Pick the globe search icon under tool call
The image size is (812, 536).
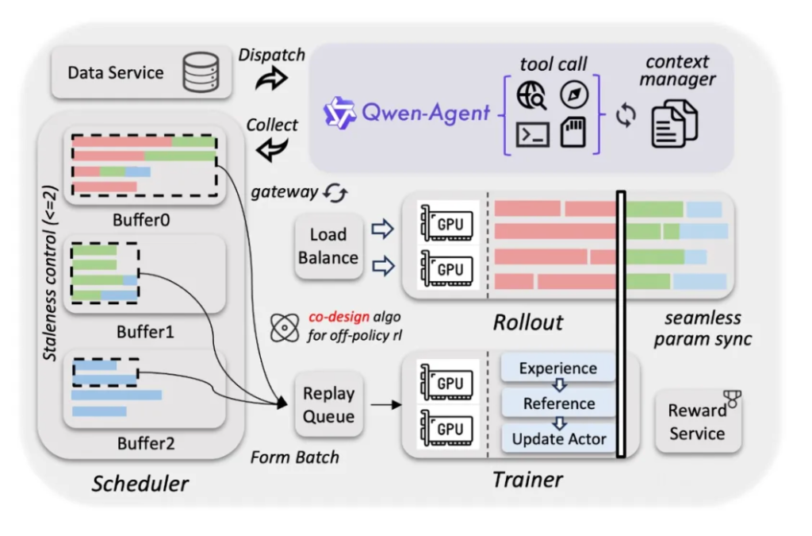[531, 97]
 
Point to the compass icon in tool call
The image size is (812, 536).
[573, 94]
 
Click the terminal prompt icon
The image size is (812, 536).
[532, 135]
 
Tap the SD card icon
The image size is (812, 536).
[573, 133]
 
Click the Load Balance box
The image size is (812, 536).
[328, 246]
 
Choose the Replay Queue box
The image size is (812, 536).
[328, 405]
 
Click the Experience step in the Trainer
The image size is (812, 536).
[558, 368]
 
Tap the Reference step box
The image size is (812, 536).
[558, 403]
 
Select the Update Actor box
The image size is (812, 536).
[558, 438]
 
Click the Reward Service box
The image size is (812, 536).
[697, 422]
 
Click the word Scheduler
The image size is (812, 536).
[140, 483]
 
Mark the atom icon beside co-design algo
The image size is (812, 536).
[283, 326]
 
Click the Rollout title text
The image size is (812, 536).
[527, 322]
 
